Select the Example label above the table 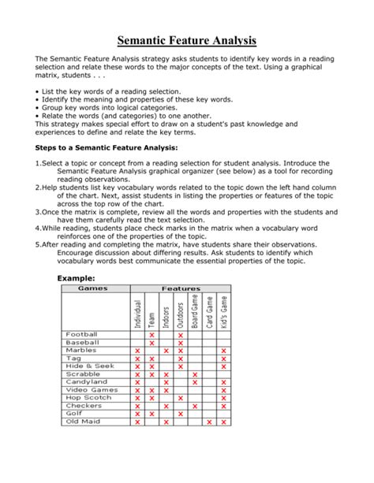(77, 278)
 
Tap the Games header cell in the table (92, 288)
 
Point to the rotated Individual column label (137, 313)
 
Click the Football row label (82, 334)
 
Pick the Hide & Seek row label (87, 366)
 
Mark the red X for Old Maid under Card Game (209, 422)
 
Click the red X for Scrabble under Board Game (195, 374)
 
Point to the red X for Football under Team (151, 335)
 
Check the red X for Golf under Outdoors (181, 414)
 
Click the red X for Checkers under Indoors (166, 406)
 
